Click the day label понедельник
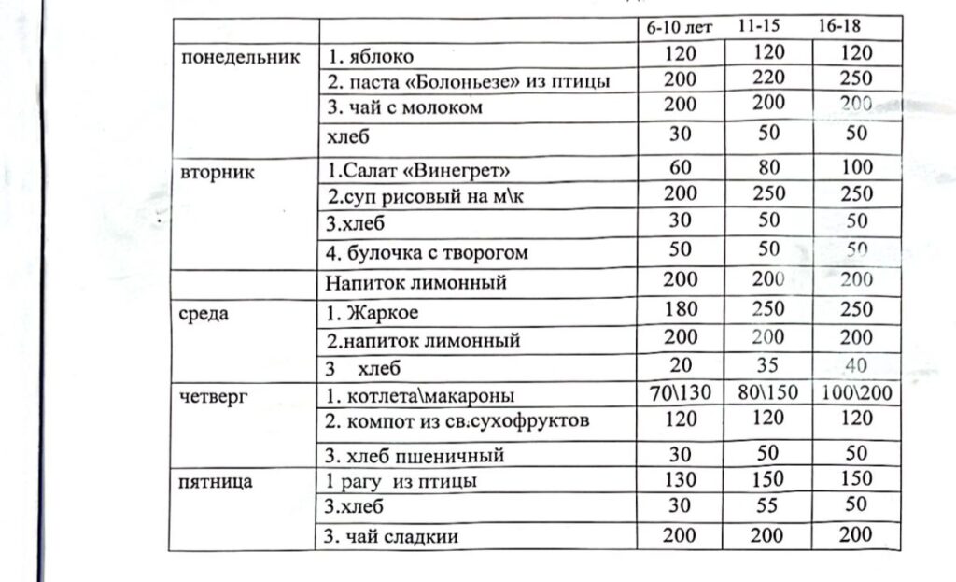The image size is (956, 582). [x=241, y=57]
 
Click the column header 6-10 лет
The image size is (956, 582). [x=680, y=27]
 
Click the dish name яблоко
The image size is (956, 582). [x=371, y=57]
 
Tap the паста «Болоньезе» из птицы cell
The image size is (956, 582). [x=468, y=82]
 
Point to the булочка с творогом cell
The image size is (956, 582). [x=428, y=253]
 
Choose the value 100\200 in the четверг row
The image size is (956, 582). [x=856, y=392]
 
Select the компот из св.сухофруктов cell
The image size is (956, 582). [x=457, y=421]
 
